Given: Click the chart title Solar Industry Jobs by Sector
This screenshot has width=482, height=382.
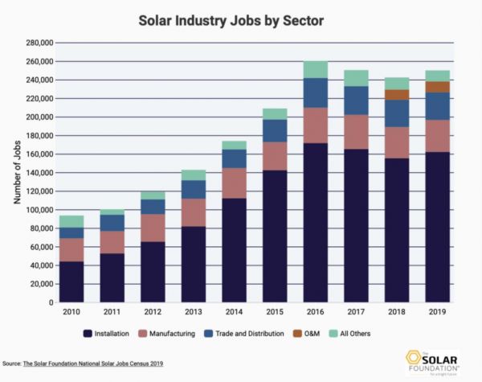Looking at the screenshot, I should coord(241,18).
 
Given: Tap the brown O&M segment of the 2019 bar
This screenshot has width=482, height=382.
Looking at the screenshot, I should coord(436,87).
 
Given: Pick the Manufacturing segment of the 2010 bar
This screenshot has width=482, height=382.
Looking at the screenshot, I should coord(71,249).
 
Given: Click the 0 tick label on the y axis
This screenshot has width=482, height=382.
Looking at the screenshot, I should coord(50,303).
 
